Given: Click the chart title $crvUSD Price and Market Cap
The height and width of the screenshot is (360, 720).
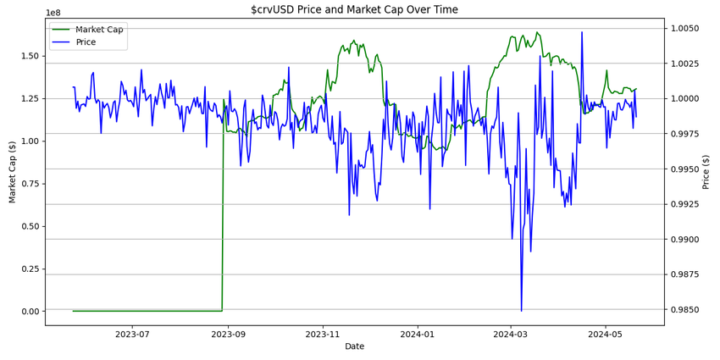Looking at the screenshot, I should tap(354, 9).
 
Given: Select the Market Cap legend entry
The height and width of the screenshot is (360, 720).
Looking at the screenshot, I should tap(98, 30).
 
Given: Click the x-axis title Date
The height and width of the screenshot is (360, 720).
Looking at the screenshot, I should tap(354, 346).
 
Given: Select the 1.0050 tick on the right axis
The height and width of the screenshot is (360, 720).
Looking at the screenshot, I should tap(685, 28).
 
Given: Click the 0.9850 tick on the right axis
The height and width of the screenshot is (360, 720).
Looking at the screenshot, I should tap(685, 310).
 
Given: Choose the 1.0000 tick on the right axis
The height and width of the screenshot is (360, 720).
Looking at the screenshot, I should tap(685, 98).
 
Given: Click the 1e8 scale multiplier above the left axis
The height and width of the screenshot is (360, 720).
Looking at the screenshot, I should tap(53, 13).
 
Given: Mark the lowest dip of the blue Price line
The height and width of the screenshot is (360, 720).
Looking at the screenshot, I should tap(521, 311).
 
